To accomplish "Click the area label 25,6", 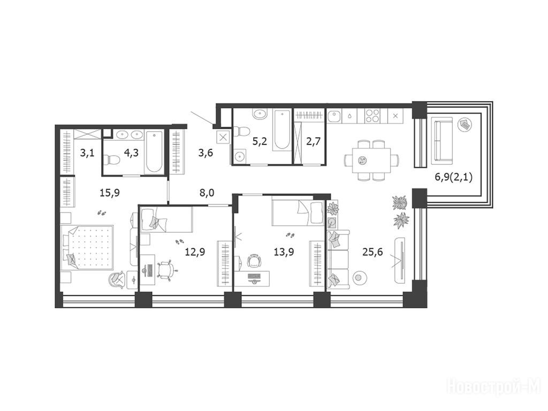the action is click(x=372, y=252).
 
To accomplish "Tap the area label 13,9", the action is click(x=284, y=252).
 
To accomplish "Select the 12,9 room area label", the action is click(x=195, y=252).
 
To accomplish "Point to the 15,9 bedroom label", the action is click(x=109, y=192).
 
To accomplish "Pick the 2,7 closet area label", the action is click(x=313, y=141).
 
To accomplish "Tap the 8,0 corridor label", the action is click(x=207, y=193).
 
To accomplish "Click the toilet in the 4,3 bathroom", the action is click(x=112, y=159).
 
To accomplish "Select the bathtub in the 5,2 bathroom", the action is click(x=281, y=130).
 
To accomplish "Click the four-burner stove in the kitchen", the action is click(x=372, y=116).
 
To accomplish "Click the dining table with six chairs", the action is click(x=371, y=160).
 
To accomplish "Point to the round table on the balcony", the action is click(x=465, y=124).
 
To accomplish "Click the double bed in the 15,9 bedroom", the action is click(x=87, y=247).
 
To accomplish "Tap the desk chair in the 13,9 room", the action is click(x=254, y=261).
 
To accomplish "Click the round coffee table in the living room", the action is click(x=359, y=278).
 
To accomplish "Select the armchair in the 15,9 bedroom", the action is click(x=117, y=279).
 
